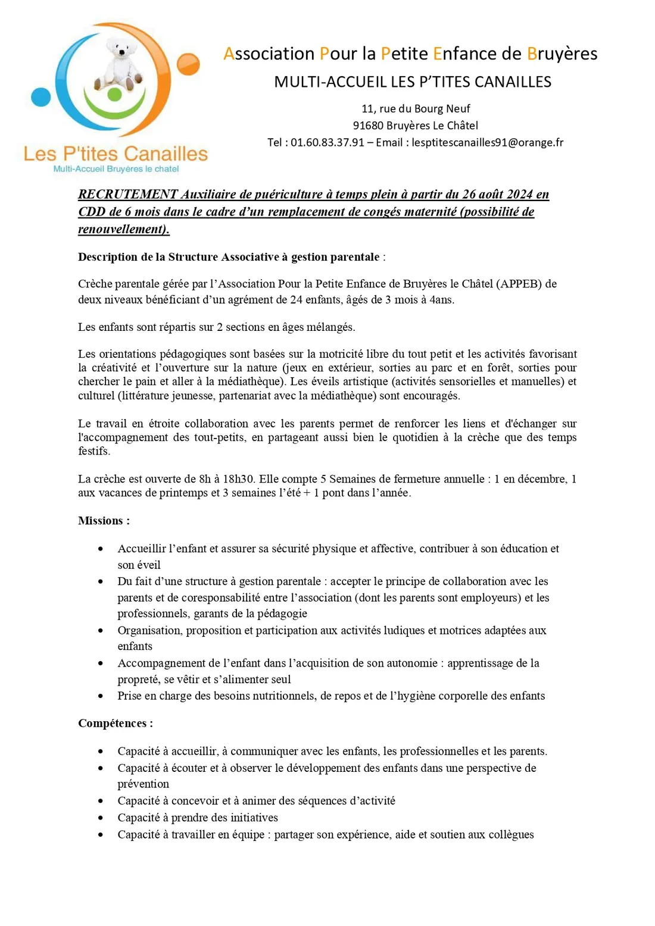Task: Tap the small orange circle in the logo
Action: (189, 64)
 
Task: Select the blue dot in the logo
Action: (41, 96)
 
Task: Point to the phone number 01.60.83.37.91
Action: (327, 142)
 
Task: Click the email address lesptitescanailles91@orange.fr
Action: (487, 142)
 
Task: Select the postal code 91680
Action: (368, 126)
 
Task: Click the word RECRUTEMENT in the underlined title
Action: (128, 195)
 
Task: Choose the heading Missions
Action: (101, 521)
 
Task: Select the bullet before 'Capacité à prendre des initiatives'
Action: (101, 818)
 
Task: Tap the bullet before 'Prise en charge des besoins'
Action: (101, 696)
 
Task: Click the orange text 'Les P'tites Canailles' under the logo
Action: (116, 154)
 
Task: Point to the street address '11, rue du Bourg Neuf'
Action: (416, 109)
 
